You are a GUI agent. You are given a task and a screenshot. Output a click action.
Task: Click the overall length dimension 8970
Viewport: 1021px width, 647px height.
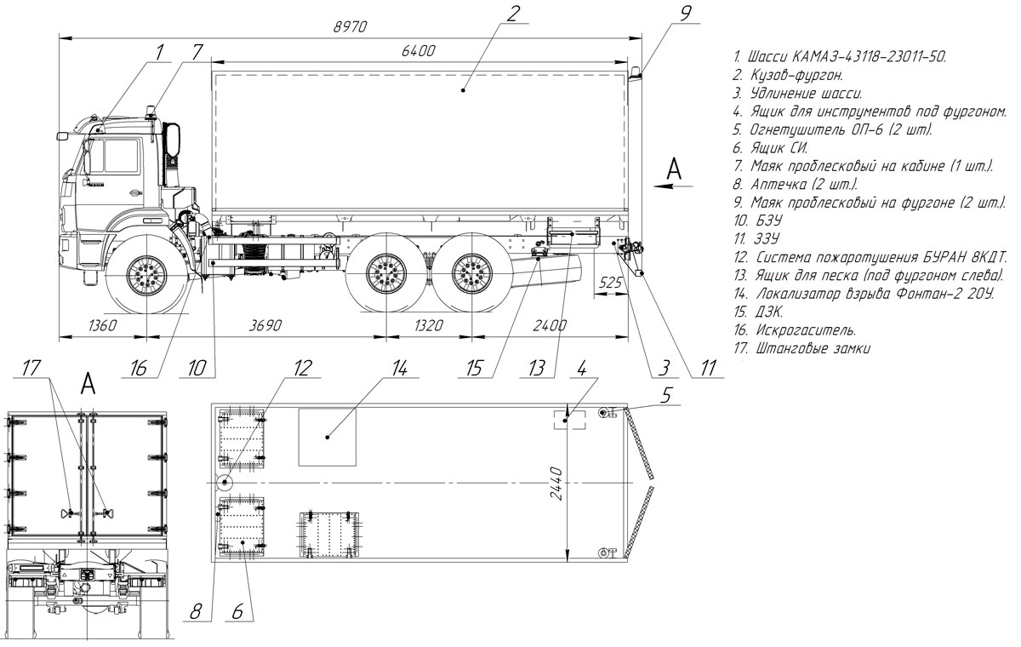350,27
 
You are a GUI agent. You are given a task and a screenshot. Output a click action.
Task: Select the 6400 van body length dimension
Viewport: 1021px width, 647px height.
418,50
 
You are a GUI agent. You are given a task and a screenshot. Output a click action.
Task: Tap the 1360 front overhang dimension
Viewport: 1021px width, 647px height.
102,325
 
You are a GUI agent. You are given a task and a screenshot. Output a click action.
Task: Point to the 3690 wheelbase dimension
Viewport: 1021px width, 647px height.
265,325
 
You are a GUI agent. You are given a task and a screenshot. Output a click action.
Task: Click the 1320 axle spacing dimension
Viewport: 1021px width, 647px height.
429,325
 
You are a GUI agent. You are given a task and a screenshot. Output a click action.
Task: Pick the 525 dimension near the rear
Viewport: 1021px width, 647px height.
610,283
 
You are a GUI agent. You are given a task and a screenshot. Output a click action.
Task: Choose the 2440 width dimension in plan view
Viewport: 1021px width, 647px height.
557,484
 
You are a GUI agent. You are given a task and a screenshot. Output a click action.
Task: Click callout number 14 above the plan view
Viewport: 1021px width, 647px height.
399,369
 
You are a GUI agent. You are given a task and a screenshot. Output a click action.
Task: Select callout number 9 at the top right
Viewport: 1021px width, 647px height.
685,14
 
